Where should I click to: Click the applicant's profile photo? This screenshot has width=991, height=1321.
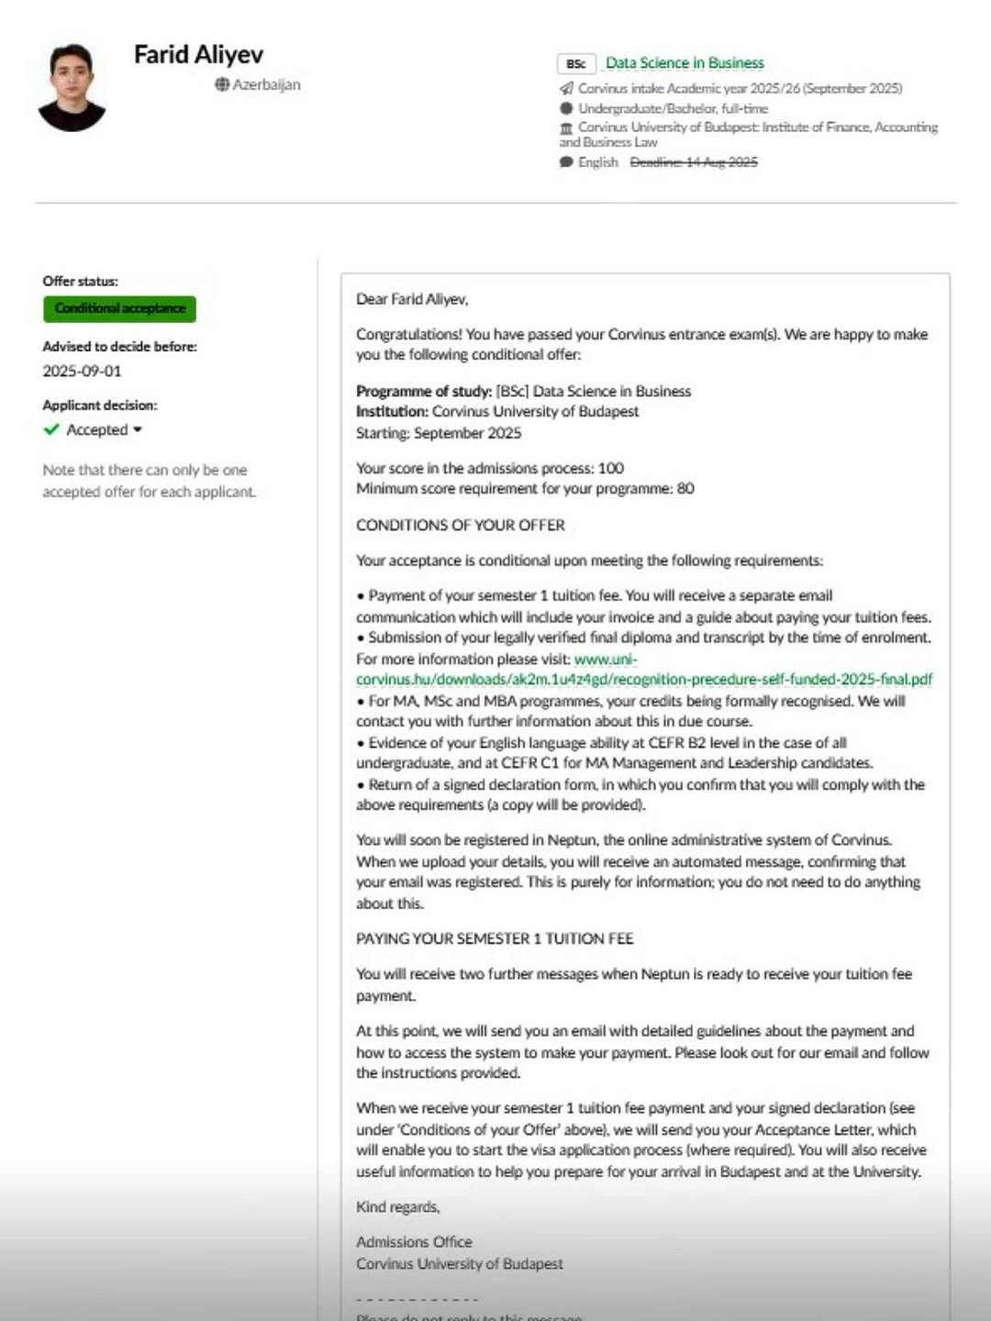tap(72, 87)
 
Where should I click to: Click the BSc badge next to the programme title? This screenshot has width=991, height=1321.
tap(576, 63)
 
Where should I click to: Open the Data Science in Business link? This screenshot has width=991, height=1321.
tap(685, 63)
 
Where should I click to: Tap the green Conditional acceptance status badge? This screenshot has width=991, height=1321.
tap(119, 308)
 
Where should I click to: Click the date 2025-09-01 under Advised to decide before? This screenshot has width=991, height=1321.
tap(82, 371)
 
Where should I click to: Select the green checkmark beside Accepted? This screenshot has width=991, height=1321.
tap(51, 429)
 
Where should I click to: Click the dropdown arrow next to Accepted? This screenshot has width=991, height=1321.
tap(138, 429)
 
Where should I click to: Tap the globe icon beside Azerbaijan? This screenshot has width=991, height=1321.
tap(222, 84)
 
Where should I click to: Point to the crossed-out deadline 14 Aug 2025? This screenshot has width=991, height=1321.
tap(694, 162)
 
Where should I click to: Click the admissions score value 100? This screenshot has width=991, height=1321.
tap(610, 468)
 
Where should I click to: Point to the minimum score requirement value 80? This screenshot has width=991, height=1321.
tap(685, 488)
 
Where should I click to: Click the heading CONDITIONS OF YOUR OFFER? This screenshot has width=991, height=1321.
tap(461, 525)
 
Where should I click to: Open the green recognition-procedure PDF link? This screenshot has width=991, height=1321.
tap(643, 679)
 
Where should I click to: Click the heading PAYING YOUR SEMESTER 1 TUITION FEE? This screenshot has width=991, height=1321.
tap(495, 938)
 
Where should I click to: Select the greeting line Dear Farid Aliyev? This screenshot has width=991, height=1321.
tap(412, 299)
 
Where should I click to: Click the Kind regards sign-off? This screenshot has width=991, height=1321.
tap(397, 1206)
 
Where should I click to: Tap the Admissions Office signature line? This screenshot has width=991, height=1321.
tap(414, 1241)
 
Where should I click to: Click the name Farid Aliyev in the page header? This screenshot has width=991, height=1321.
tap(198, 55)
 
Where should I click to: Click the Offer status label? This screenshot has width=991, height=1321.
tap(80, 281)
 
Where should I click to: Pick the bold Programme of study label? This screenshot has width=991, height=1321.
tap(424, 391)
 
